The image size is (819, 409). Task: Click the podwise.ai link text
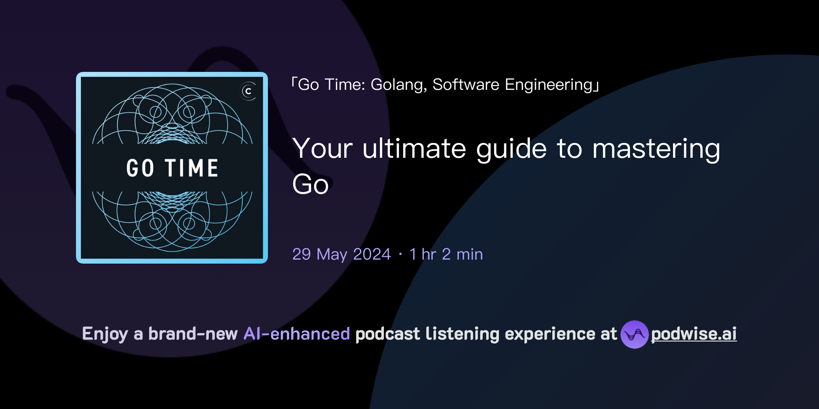[x=693, y=334]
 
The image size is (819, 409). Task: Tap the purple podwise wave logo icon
[x=634, y=334]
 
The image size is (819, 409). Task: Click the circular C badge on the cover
[x=248, y=91]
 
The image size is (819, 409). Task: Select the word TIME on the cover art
[x=192, y=168]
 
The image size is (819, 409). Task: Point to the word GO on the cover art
[x=140, y=168]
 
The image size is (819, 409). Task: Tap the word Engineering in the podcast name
[x=549, y=85]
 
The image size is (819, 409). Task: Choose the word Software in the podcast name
[x=466, y=85]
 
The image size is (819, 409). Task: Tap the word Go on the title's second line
[x=310, y=185]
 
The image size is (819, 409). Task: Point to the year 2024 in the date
[x=372, y=254]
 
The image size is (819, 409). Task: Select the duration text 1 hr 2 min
[x=446, y=254]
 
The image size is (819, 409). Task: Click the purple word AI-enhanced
[x=297, y=334]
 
